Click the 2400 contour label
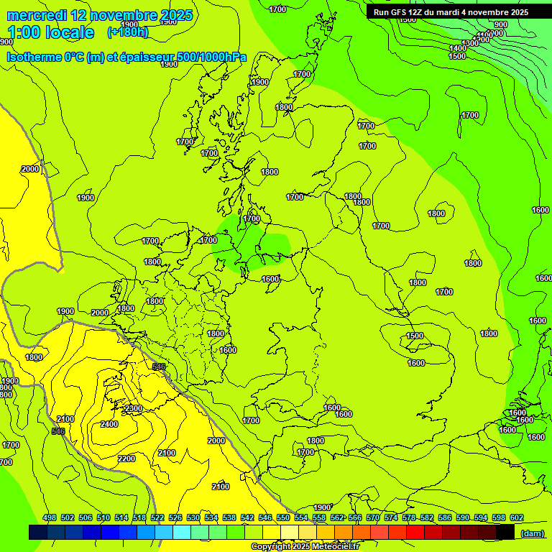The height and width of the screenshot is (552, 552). tap(109, 424)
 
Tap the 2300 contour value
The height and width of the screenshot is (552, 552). tap(134, 408)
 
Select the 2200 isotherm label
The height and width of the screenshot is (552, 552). tap(126, 459)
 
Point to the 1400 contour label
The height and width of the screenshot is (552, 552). tap(457, 48)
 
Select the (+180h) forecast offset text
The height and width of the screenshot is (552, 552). tap(127, 32)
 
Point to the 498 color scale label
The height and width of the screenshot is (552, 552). tap(50, 517)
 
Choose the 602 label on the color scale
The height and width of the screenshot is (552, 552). tap(516, 517)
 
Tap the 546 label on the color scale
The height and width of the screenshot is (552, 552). tap(265, 517)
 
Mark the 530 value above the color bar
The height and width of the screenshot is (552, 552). tap(193, 517)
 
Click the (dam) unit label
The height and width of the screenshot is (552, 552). tap(532, 533)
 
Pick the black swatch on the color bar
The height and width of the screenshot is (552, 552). tap(506, 532)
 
